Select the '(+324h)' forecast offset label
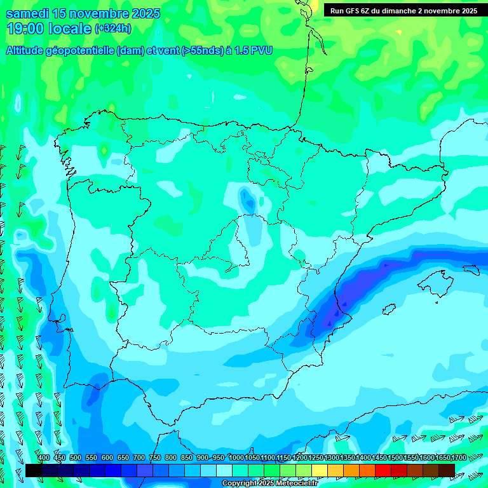pyautogui.click(x=112, y=29)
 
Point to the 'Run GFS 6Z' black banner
pyautogui.click(x=403, y=11)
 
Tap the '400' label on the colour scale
pyautogui.click(x=44, y=458)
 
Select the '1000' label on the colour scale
pyautogui.click(x=236, y=458)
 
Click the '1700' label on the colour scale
pyautogui.click(x=458, y=458)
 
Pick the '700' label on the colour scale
pyautogui.click(x=139, y=458)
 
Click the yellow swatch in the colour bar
pyautogui.click(x=320, y=470)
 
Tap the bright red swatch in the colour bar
pyautogui.click(x=383, y=470)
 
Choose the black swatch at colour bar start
pyautogui.click(x=34, y=470)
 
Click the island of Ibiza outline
pyautogui.click(x=389, y=309)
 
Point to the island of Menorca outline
pyautogui.click(x=471, y=269)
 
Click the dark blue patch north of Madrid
pyautogui.click(x=247, y=200)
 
